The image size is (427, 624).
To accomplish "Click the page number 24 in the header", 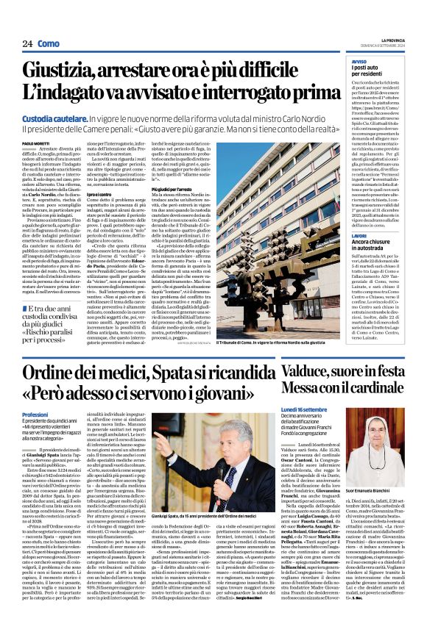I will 27,44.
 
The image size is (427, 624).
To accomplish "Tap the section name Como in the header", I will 49,44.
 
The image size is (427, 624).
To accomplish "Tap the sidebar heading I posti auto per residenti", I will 371,72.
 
